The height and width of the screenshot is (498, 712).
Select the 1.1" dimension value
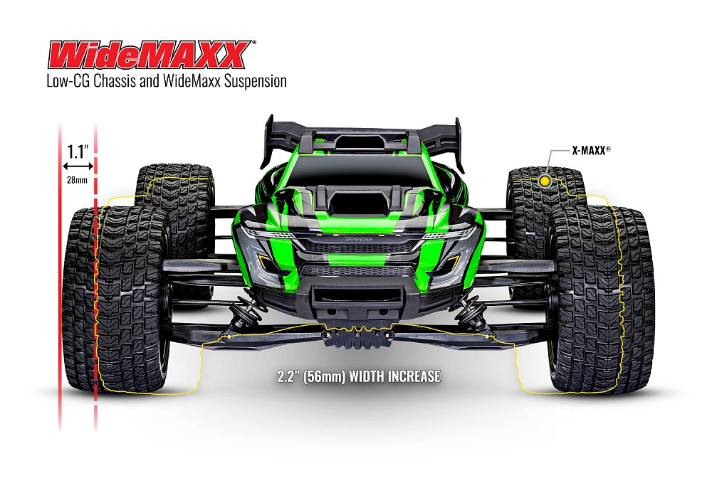pyautogui.click(x=77, y=151)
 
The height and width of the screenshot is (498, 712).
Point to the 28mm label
pyautogui.click(x=77, y=179)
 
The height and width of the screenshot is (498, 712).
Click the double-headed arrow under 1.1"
pyautogui.click(x=77, y=166)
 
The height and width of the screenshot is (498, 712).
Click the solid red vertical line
pyautogui.click(x=61, y=285)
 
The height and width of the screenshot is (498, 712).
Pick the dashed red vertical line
pyautogui.click(x=95, y=285)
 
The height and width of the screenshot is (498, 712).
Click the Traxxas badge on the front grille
pyautogui.click(x=354, y=242)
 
